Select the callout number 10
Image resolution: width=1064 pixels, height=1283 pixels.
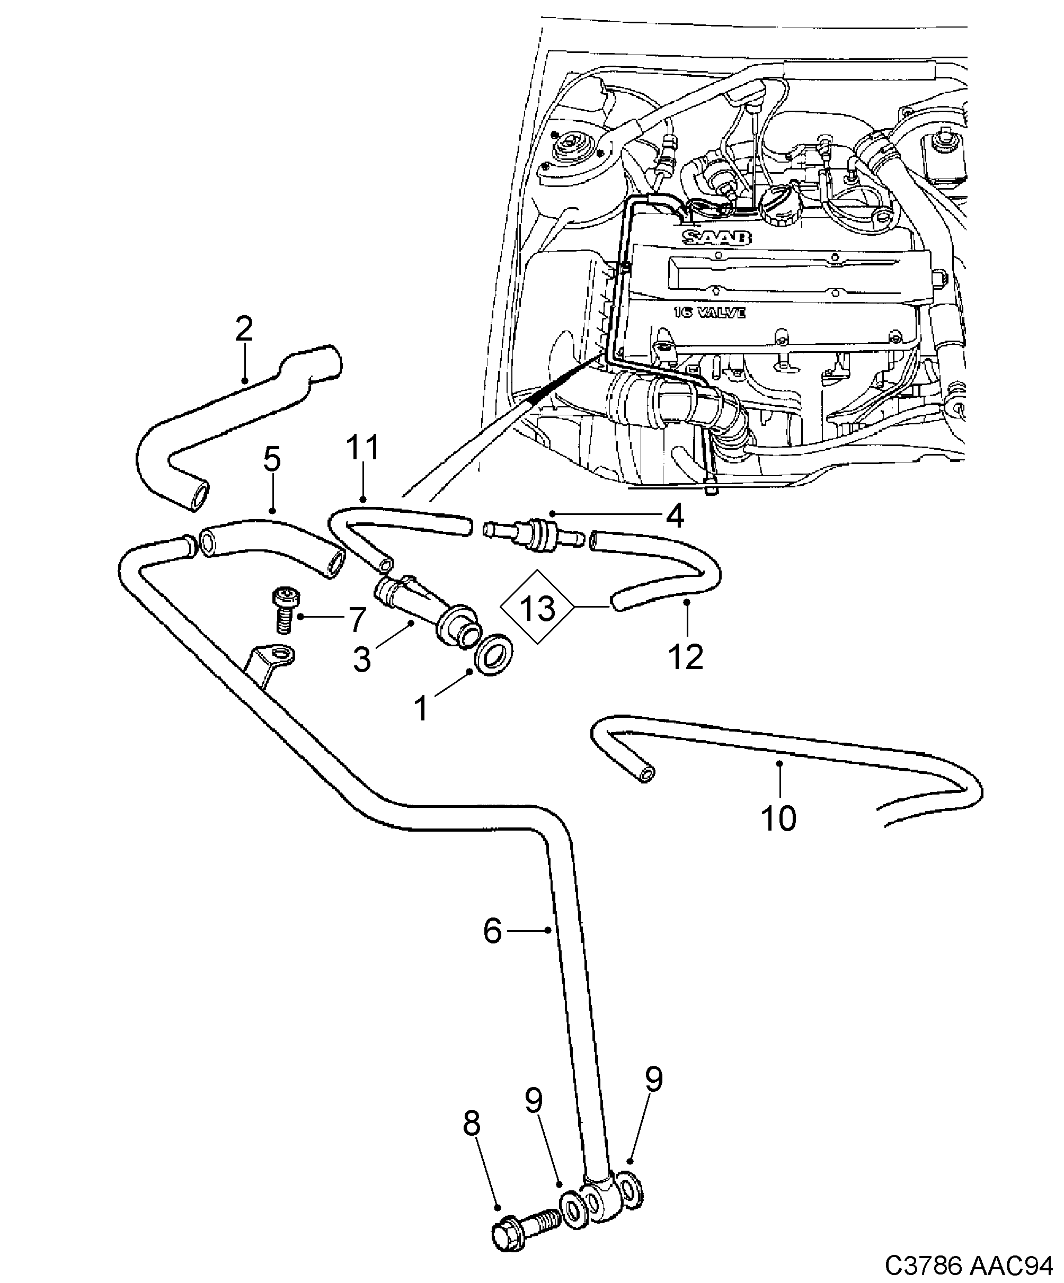click(x=778, y=818)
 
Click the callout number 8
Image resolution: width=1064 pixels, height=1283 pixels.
click(x=472, y=1124)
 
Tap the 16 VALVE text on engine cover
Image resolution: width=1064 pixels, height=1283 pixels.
click(x=710, y=313)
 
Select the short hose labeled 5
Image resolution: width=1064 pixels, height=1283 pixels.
click(x=269, y=540)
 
